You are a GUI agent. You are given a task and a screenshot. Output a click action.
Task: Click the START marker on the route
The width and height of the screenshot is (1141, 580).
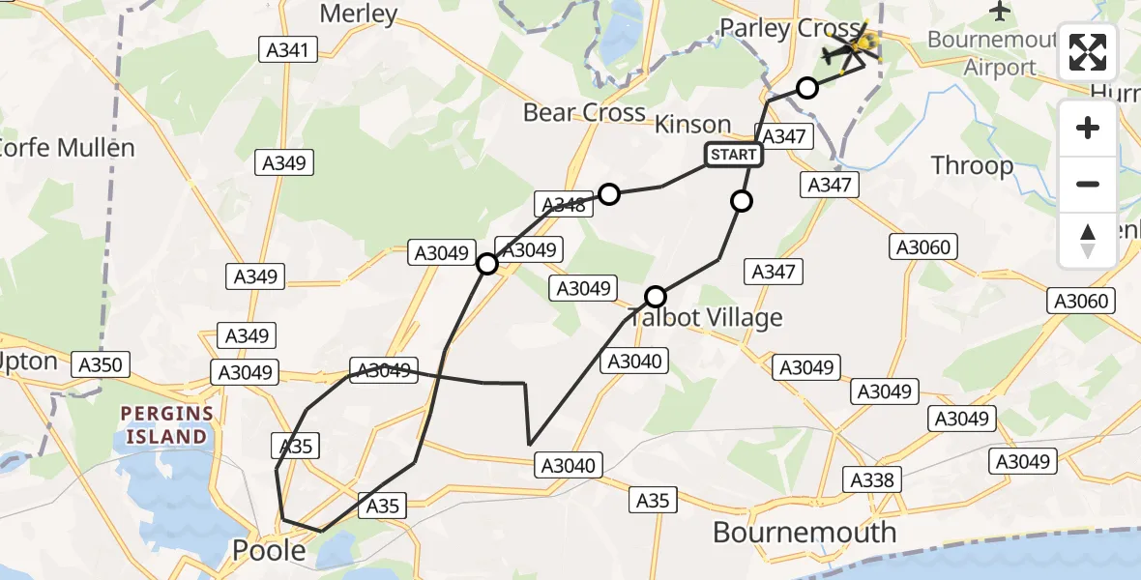point(734,155)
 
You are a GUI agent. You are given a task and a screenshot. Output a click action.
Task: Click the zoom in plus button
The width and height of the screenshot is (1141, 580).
point(1088,128)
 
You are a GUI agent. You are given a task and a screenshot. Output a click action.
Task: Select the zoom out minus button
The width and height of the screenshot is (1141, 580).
point(1088,184)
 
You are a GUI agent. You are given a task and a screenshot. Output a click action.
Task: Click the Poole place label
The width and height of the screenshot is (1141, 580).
point(270,551)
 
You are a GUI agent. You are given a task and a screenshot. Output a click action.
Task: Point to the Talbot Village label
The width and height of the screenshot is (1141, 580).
point(706,317)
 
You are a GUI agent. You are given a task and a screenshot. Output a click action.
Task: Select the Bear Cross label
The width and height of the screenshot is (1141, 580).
point(584,113)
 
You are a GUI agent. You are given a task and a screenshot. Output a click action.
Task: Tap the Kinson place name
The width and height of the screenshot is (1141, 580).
point(692,125)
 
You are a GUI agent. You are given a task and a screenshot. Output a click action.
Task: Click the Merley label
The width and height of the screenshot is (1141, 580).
point(358,14)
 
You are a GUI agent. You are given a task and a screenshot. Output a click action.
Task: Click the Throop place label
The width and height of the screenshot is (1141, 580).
point(972,166)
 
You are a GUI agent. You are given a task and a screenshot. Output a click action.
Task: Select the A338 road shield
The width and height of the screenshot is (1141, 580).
point(872,479)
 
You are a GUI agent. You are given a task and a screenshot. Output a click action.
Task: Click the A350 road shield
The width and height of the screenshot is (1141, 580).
point(101,364)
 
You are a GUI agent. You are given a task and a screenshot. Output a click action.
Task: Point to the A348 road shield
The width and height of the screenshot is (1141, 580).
point(563,204)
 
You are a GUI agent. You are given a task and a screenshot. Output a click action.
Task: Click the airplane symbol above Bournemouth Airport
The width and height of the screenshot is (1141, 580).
point(1000,12)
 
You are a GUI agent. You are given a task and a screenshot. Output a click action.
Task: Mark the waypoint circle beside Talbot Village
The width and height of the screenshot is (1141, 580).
point(656,296)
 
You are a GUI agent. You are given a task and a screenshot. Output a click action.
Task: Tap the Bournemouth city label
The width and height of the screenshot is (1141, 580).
point(805,532)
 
